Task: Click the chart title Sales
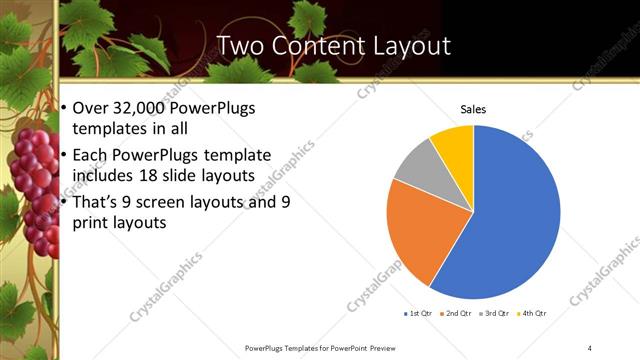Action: [473, 108]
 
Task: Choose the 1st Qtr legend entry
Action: [416, 313]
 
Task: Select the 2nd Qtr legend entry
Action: [458, 313]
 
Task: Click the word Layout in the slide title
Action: [408, 46]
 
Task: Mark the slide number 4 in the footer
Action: [590, 347]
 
